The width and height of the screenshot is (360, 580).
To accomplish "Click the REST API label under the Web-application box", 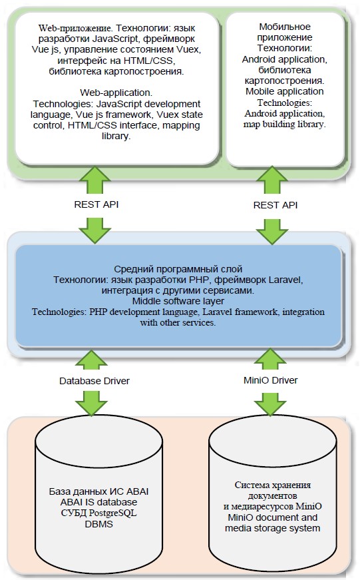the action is tap(96, 204).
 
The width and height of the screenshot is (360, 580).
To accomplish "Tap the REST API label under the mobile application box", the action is tap(275, 205).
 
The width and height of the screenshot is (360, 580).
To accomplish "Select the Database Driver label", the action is tap(94, 381).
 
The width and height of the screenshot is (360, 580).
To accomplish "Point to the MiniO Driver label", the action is tap(271, 380).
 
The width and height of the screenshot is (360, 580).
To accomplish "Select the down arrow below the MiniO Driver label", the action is tap(271, 403).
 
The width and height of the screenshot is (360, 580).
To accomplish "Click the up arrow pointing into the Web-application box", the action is tap(94, 180).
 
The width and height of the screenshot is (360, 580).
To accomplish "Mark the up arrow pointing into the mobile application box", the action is tap(271, 179).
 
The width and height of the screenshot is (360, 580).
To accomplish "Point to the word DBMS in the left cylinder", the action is tap(98, 524).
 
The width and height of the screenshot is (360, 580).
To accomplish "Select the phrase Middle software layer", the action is tap(178, 301).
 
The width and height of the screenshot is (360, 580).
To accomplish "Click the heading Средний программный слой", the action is tap(178, 269).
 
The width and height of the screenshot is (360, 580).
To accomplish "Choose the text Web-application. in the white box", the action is tap(116, 93).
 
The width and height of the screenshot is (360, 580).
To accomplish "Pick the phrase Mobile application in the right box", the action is tap(285, 91).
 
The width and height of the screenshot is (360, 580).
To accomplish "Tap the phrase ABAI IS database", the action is tap(98, 502).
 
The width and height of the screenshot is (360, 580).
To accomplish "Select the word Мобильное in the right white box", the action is tap(285, 27).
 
